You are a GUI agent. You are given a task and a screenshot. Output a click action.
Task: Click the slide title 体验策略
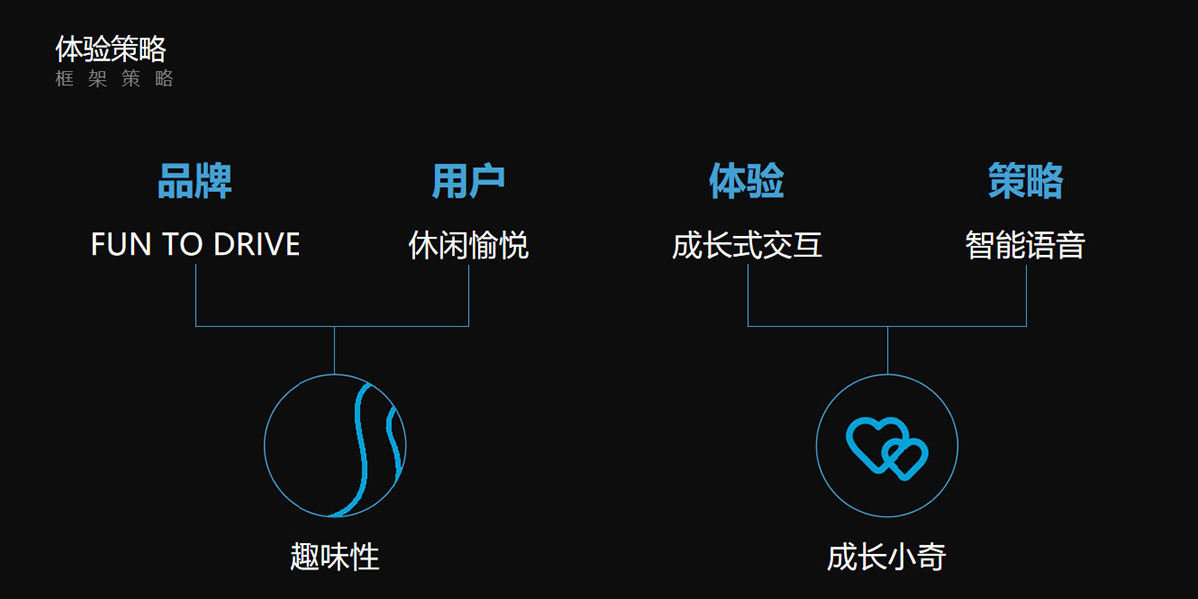pos(110,49)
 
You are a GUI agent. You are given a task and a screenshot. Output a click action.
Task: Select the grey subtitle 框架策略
pos(115,79)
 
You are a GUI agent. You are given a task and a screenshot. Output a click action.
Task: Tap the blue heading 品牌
pos(195,182)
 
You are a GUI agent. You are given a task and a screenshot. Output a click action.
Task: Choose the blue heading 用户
pos(468,182)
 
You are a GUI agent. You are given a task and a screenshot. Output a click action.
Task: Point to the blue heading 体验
pos(747,182)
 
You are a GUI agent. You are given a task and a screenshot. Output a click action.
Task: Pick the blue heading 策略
pos(1025,182)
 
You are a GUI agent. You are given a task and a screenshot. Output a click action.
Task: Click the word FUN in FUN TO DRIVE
pos(118,245)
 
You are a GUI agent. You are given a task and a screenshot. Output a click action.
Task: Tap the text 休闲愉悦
pos(468,245)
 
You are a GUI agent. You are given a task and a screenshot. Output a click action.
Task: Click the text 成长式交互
pos(747,245)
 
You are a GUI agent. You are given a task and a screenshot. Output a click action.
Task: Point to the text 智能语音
pos(1025,245)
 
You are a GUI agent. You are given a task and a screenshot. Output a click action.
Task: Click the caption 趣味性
pos(334,556)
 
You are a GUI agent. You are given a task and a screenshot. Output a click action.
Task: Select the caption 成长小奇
pos(887,556)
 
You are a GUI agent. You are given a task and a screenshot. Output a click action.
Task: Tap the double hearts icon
pos(887,447)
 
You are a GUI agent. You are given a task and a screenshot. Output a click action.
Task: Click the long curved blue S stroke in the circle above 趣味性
pos(361,449)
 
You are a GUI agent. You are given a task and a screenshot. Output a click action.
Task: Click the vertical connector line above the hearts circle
pos(887,350)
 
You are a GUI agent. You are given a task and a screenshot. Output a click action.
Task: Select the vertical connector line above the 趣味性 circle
pos(334,350)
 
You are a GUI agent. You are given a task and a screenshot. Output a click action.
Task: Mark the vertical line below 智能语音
pos(1026,295)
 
